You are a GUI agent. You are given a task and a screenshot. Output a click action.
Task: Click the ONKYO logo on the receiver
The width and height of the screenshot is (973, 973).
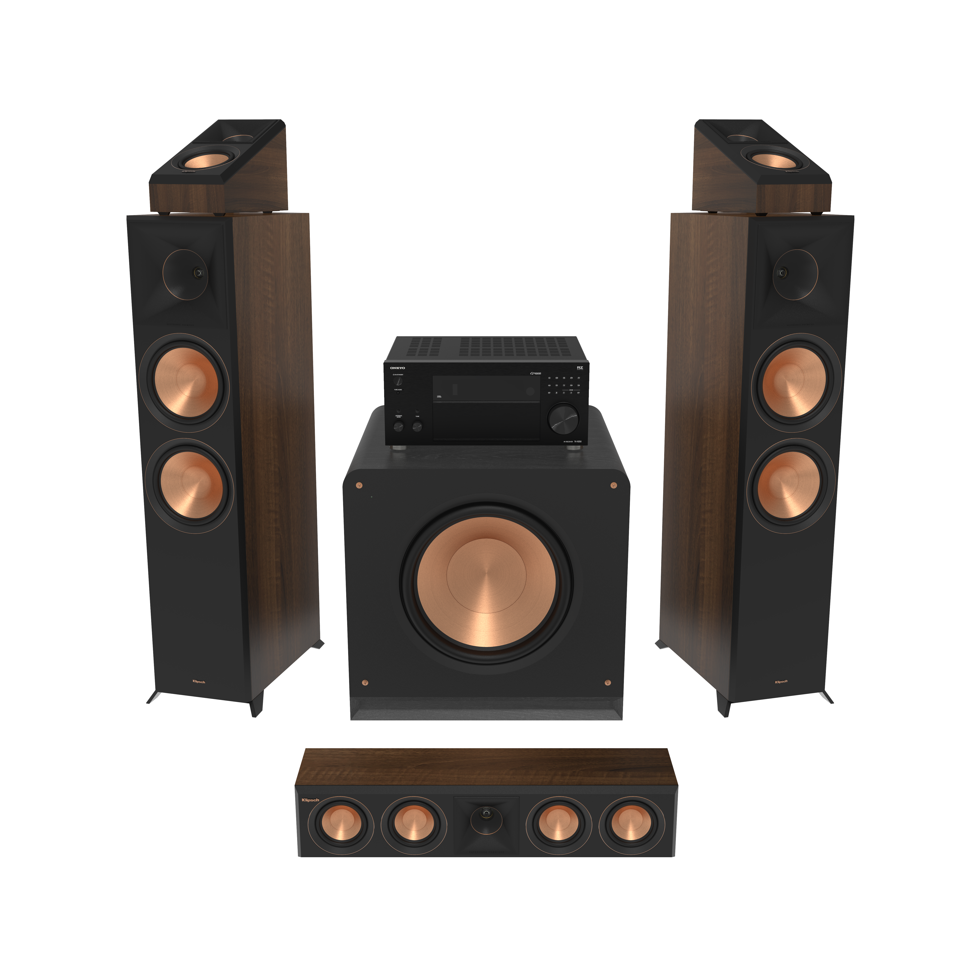pyautogui.click(x=397, y=368)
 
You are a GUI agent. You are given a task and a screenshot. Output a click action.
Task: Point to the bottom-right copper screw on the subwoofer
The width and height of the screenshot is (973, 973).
pyautogui.click(x=607, y=683)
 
